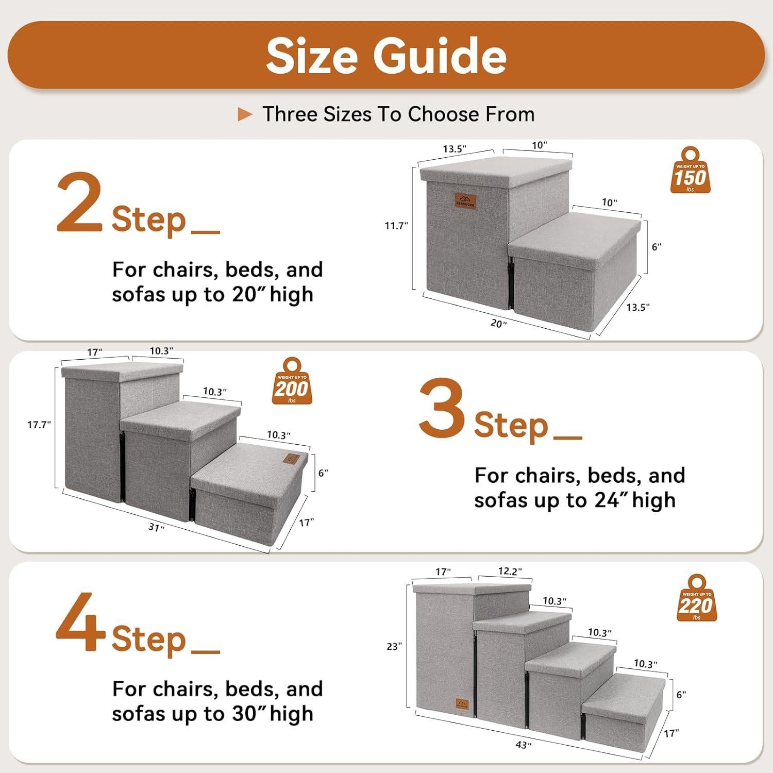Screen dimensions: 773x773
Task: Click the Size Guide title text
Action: pyautogui.click(x=386, y=56)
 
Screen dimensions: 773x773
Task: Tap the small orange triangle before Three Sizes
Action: pyautogui.click(x=245, y=114)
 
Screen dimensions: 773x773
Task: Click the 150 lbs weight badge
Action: pyautogui.click(x=690, y=171)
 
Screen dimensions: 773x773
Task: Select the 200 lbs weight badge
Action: pyautogui.click(x=292, y=382)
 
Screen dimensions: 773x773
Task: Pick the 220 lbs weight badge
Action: pyautogui.click(x=697, y=599)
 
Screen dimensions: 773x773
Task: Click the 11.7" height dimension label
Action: pyautogui.click(x=396, y=226)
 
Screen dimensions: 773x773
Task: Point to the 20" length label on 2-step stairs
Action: pyautogui.click(x=498, y=324)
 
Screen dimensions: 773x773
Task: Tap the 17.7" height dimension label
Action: pyautogui.click(x=39, y=425)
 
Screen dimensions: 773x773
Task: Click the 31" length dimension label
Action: pyautogui.click(x=156, y=528)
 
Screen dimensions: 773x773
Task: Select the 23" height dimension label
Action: pyautogui.click(x=394, y=646)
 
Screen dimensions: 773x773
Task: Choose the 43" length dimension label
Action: pyautogui.click(x=523, y=745)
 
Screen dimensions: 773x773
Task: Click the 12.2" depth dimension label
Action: pyautogui.click(x=510, y=571)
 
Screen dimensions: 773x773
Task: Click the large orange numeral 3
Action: pyautogui.click(x=442, y=409)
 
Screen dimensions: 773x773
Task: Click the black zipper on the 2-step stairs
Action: pyautogui.click(x=511, y=283)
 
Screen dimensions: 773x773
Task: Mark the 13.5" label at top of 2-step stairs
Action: pyautogui.click(x=454, y=149)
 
